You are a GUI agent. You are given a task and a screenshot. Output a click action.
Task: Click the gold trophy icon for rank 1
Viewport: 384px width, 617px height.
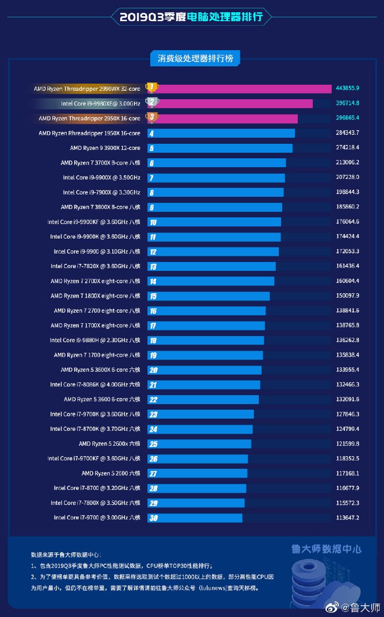pyautogui.click(x=151, y=88)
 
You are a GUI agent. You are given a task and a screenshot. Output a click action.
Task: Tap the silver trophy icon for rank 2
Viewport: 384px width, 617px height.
pyautogui.click(x=151, y=103)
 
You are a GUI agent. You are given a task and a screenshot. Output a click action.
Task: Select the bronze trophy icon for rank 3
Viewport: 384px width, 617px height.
pyautogui.click(x=151, y=118)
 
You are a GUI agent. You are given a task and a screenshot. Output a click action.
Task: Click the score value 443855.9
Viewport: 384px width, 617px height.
pyautogui.click(x=347, y=88)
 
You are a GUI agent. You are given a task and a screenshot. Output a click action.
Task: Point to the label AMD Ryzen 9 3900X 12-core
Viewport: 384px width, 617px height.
pyautogui.click(x=105, y=148)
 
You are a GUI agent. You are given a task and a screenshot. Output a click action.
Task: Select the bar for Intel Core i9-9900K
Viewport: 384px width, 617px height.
pyautogui.click(x=214, y=237)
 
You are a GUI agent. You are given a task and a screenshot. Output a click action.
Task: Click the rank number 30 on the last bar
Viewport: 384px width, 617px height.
pyautogui.click(x=153, y=518)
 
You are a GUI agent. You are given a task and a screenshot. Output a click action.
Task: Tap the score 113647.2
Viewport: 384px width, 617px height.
pyautogui.click(x=347, y=518)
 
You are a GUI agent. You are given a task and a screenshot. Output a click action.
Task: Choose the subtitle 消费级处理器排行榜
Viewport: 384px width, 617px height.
pyautogui.click(x=191, y=58)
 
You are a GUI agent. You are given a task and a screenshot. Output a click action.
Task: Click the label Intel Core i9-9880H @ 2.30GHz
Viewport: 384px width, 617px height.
pyautogui.click(x=95, y=340)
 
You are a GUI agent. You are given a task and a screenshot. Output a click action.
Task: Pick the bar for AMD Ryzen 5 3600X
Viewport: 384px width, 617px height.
pyautogui.click(x=204, y=370)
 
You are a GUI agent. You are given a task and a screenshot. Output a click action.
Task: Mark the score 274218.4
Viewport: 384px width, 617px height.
pyautogui.click(x=347, y=148)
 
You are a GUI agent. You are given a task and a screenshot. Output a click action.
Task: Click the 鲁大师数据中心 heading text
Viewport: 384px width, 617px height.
pyautogui.click(x=326, y=549)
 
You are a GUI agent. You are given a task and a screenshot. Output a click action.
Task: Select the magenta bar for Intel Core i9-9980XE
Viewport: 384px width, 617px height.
pyautogui.click(x=230, y=103)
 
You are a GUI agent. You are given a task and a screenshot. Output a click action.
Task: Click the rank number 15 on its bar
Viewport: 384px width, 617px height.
pyautogui.click(x=153, y=296)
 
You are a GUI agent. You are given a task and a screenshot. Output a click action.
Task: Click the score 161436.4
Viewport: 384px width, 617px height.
pyautogui.click(x=347, y=266)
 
